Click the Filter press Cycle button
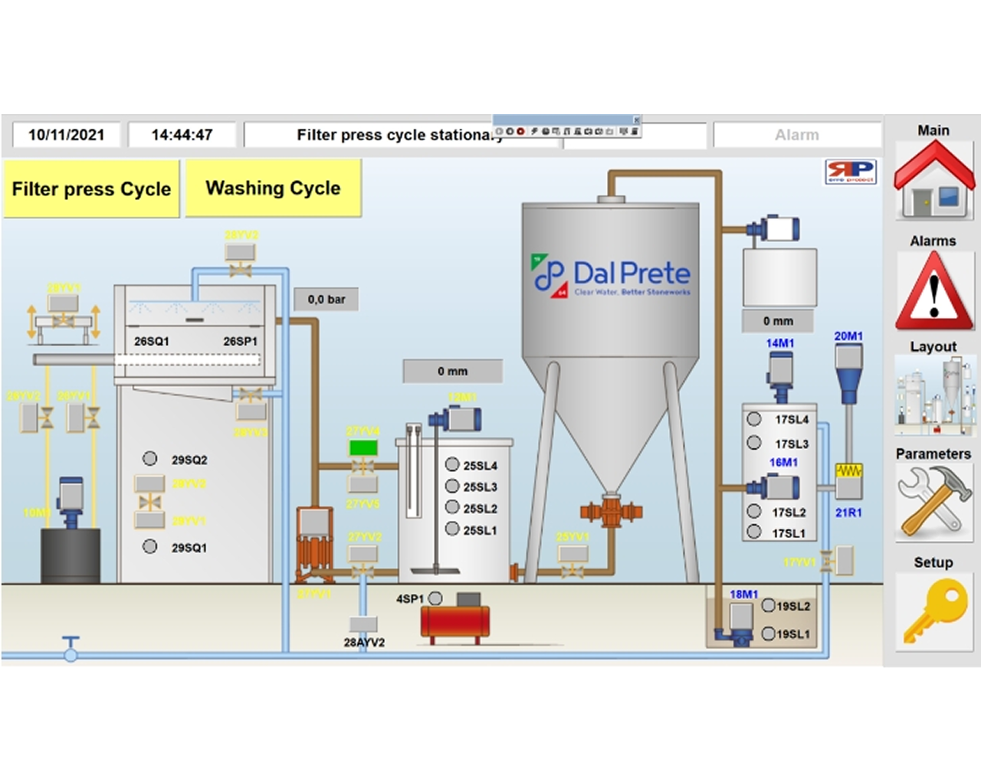(x=91, y=189)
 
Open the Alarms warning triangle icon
(x=933, y=290)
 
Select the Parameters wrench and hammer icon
(x=933, y=501)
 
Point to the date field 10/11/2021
(x=67, y=135)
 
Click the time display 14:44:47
(x=182, y=135)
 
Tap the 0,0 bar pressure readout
(x=326, y=300)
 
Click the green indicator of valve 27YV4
(x=363, y=447)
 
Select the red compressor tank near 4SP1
(x=454, y=622)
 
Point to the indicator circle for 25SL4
(x=452, y=465)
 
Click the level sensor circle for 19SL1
(x=769, y=634)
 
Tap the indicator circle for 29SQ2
(x=150, y=459)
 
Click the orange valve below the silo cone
(x=611, y=510)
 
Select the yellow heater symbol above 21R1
(x=848, y=470)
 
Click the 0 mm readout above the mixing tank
(x=453, y=372)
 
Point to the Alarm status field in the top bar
(x=797, y=135)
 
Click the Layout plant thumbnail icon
(x=933, y=396)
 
